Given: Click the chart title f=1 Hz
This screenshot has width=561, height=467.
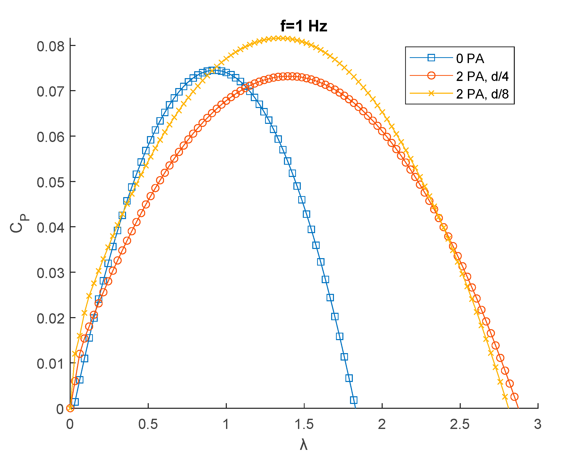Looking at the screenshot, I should pyautogui.click(x=304, y=27).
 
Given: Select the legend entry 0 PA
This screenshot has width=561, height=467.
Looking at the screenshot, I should pyautogui.click(x=470, y=58).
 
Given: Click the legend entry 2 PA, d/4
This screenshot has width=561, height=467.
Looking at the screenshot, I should pyautogui.click(x=482, y=76).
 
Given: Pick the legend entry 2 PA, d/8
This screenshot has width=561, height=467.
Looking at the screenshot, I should pyautogui.click(x=482, y=94).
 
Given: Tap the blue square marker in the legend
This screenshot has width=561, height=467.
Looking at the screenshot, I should pyautogui.click(x=431, y=58).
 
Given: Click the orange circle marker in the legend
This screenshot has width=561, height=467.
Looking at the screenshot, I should pyautogui.click(x=431, y=76).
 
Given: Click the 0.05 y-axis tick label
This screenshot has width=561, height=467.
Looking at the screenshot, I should pyautogui.click(x=51, y=183).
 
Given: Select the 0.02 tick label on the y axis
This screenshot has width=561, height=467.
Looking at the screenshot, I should pyautogui.click(x=51, y=319).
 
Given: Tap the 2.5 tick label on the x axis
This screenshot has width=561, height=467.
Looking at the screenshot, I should pyautogui.click(x=460, y=425).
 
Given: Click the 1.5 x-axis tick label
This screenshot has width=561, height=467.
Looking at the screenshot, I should pyautogui.click(x=304, y=425).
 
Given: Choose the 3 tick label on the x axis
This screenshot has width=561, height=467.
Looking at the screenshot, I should pyautogui.click(x=538, y=425).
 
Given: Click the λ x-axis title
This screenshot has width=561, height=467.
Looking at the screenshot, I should pyautogui.click(x=304, y=445).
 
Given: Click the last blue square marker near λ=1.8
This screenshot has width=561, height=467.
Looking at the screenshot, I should pyautogui.click(x=354, y=400).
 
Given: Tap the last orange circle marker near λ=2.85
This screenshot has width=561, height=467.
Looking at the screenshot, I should pyautogui.click(x=515, y=397).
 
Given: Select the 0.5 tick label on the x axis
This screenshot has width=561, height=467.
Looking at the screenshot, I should pyautogui.click(x=148, y=425).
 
